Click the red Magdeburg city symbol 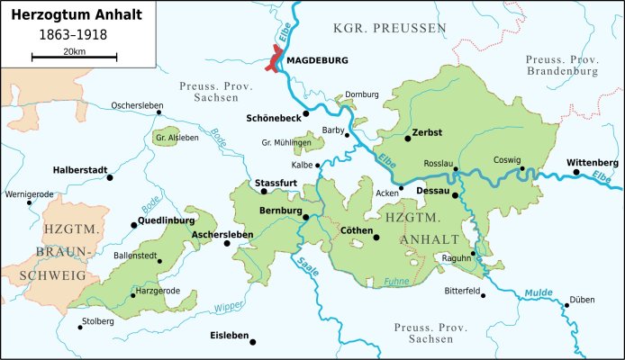(273, 61)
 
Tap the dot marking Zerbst (407, 139)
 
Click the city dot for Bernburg (305, 217)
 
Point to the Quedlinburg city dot (133, 224)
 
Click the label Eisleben (228, 336)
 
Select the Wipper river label (229, 305)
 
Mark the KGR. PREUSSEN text (402, 30)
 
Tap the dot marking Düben (566, 305)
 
